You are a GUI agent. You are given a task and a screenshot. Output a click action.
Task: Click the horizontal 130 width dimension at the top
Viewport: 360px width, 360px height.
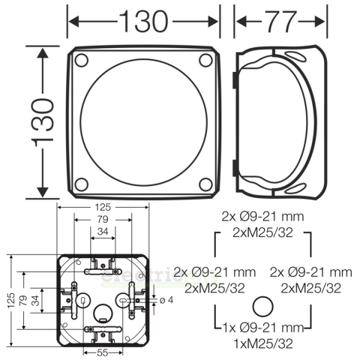[142, 21]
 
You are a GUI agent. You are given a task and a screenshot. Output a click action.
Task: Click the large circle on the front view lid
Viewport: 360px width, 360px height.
[142, 123]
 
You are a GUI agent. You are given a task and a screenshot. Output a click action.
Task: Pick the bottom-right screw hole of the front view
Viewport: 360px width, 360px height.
[203, 184]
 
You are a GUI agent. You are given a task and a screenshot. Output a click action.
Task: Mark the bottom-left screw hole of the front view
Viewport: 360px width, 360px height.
[82, 184]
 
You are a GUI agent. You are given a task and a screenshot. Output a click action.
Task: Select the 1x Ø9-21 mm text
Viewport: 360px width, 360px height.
[263, 328]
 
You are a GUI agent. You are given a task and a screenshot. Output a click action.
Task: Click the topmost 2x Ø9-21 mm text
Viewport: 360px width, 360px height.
[264, 215]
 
